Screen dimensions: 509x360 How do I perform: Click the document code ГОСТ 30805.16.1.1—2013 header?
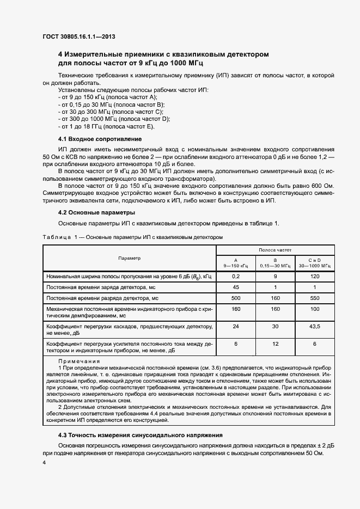coord(79,37)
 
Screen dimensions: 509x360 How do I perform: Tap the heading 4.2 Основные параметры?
coord(96,212)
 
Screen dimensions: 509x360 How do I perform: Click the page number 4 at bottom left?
coord(44,462)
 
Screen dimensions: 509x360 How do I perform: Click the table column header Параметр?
coord(129,258)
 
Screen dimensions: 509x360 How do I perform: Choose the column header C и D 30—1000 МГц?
coord(314,263)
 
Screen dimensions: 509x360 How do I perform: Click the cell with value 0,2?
coord(236,277)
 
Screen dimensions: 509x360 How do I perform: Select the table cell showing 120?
coord(314,277)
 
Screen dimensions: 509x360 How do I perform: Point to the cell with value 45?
coord(236,287)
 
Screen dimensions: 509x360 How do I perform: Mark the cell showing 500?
coord(236,298)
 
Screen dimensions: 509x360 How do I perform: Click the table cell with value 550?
coord(314,298)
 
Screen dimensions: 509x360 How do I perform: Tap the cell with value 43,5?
coord(314,327)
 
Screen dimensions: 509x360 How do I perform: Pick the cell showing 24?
coord(236,327)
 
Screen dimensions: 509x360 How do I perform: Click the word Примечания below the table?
coord(79,361)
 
